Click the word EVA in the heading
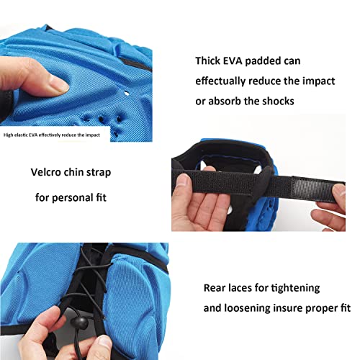point(233,60)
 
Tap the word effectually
point(220,81)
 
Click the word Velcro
point(45,172)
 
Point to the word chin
point(74,172)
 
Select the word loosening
point(247,308)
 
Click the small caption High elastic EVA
point(20,135)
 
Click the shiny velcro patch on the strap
point(312,189)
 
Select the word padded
point(263,61)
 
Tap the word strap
point(99,173)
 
